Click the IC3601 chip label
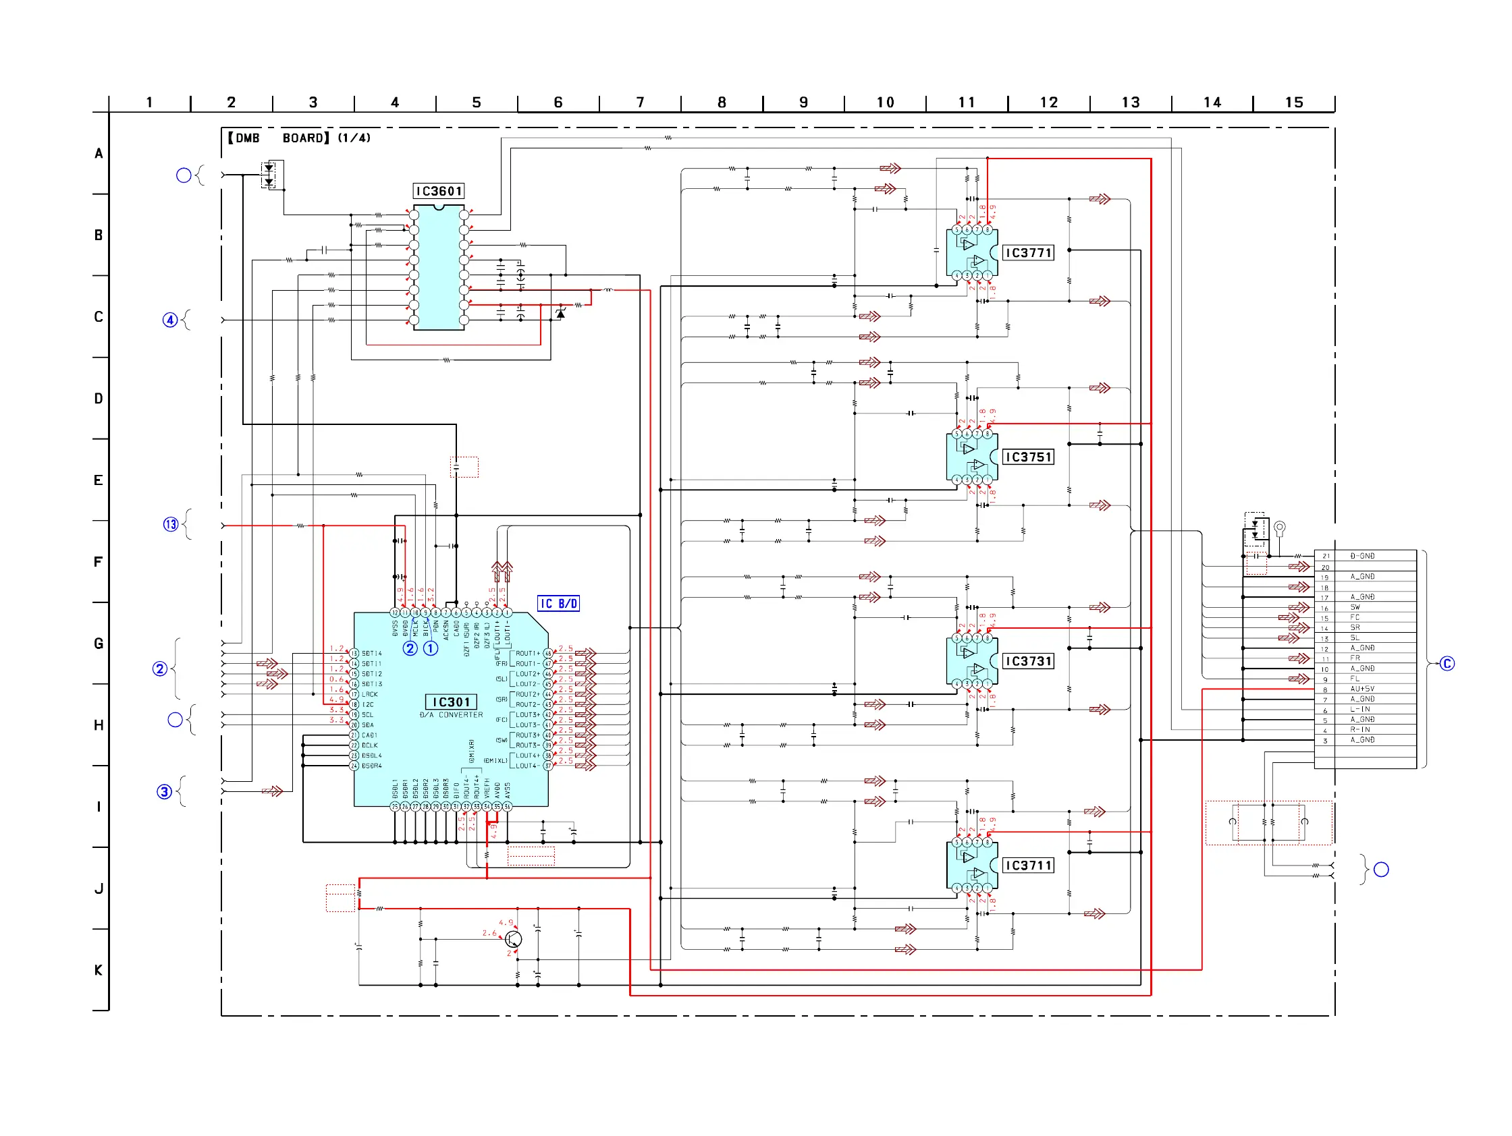[x=438, y=192]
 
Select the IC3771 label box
[x=1027, y=253]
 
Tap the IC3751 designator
[x=1027, y=457]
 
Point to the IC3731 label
[x=1027, y=661]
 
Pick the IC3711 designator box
[x=1027, y=865]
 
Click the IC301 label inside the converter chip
[x=451, y=702]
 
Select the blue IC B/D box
[x=558, y=604]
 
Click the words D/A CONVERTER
[x=451, y=715]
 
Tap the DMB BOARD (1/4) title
[x=300, y=138]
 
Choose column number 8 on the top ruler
[x=722, y=103]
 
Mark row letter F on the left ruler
[x=99, y=562]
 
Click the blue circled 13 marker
[x=170, y=525]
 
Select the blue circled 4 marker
[x=169, y=320]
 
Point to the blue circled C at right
[x=1447, y=664]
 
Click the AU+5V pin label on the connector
[x=1361, y=689]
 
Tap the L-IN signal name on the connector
[x=1360, y=710]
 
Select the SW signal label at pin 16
[x=1355, y=607]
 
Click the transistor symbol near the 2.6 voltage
[x=514, y=939]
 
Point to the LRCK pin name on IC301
[x=370, y=695]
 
